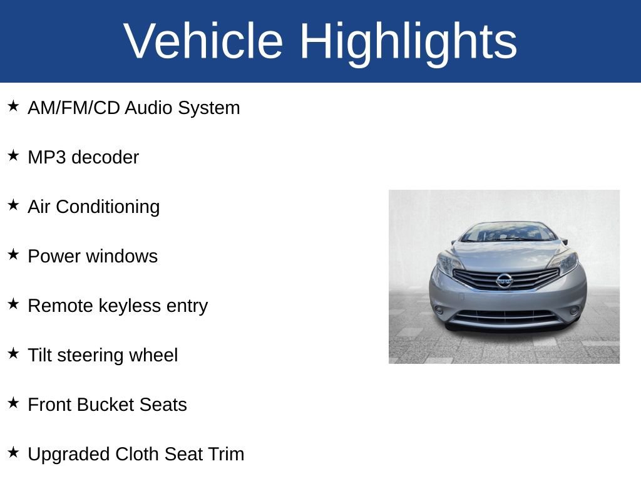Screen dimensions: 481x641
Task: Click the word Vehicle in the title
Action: pos(203,41)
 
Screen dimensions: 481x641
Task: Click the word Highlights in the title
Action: pos(408,41)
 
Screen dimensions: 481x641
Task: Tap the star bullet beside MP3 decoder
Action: pos(13,155)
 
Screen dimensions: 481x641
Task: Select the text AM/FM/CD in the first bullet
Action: pos(74,108)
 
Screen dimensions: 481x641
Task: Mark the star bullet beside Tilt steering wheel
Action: pos(13,353)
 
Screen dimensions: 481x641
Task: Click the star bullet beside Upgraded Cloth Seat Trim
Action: pos(13,452)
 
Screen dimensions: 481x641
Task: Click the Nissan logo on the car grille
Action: pos(504,280)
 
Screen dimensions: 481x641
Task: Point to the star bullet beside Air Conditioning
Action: pos(13,205)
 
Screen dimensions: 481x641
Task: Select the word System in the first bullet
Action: pos(208,108)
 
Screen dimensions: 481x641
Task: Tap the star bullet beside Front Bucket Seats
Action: pos(13,403)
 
